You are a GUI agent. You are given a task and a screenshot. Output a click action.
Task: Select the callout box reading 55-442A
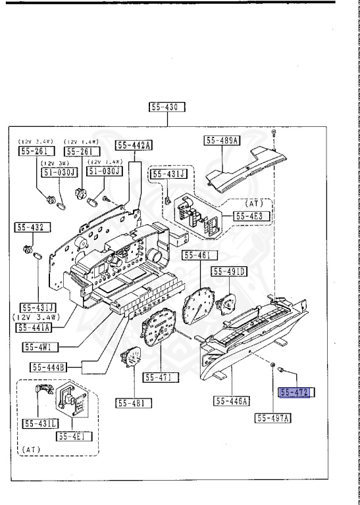tap(134, 145)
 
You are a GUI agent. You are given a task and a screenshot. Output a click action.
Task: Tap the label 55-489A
tap(222, 140)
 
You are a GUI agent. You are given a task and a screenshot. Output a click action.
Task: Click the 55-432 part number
tap(29, 228)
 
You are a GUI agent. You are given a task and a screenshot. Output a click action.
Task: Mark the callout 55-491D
tap(228, 271)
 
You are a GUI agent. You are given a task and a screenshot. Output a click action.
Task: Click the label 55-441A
tap(38, 327)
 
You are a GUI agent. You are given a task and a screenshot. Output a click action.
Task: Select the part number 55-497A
tap(274, 418)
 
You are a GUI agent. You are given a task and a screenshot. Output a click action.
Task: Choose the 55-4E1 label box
tap(73, 435)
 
